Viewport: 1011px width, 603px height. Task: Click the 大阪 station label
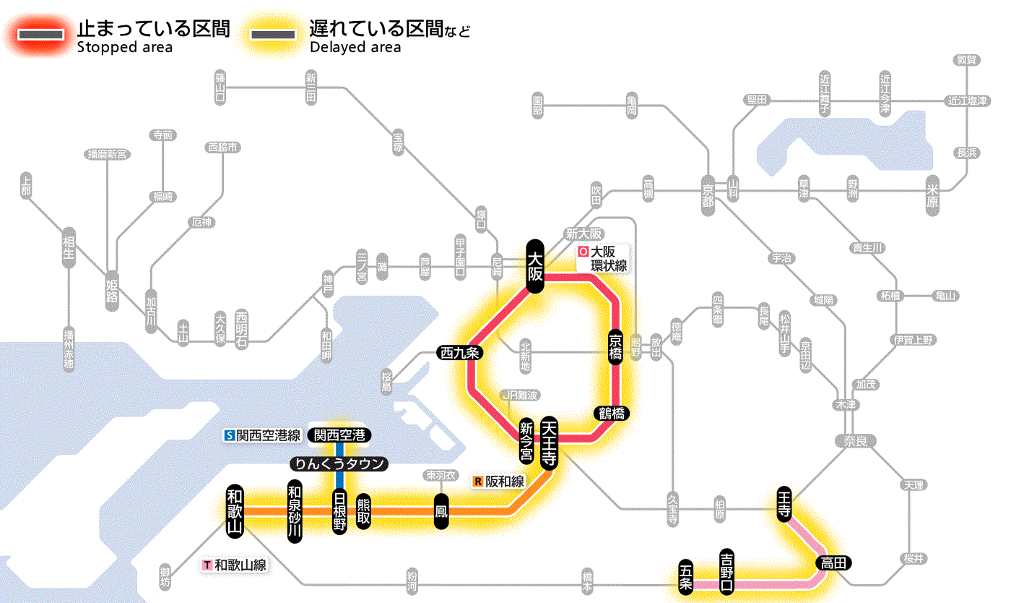[534, 266]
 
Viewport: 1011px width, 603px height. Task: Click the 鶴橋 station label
[611, 414]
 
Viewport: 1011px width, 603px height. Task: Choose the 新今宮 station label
[527, 442]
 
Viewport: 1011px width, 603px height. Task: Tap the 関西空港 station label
[339, 435]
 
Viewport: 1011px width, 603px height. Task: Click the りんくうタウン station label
[339, 463]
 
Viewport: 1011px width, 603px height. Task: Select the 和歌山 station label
[235, 510]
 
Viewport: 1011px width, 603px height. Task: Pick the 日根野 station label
[339, 511]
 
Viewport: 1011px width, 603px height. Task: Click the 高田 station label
[833, 563]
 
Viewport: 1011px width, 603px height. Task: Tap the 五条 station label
[686, 576]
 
